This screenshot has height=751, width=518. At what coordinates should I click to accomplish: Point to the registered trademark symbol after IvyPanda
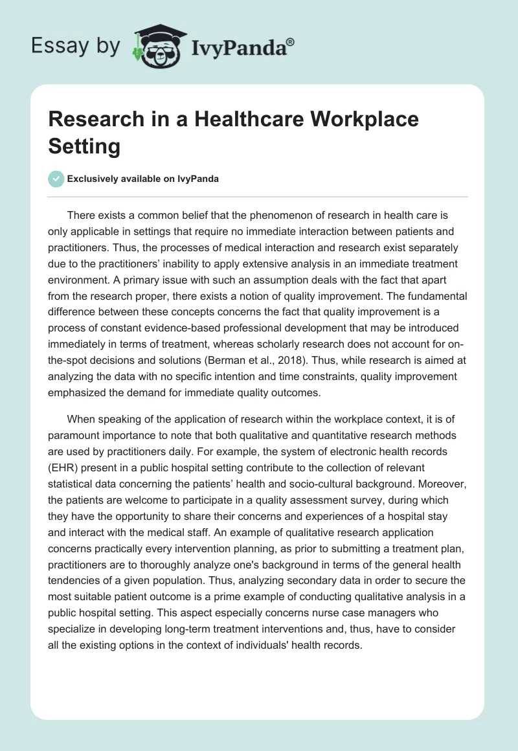point(291,41)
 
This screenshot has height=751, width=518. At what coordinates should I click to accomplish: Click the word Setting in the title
point(84,146)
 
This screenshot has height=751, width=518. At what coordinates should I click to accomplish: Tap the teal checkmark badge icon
point(57,179)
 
